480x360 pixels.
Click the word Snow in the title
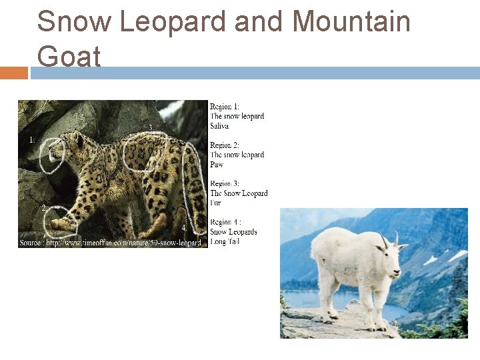pos(74,21)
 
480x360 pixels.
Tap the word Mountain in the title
pos(351,21)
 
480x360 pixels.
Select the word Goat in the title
pos(69,56)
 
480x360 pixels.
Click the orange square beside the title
pos(13,73)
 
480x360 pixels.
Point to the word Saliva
pos(219,126)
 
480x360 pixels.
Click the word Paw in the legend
pos(217,165)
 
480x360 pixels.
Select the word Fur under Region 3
pos(215,203)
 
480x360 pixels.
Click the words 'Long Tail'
pos(225,241)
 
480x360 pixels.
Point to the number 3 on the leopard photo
pos(151,127)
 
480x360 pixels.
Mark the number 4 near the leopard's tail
pos(184,228)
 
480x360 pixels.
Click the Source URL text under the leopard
pos(111,243)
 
